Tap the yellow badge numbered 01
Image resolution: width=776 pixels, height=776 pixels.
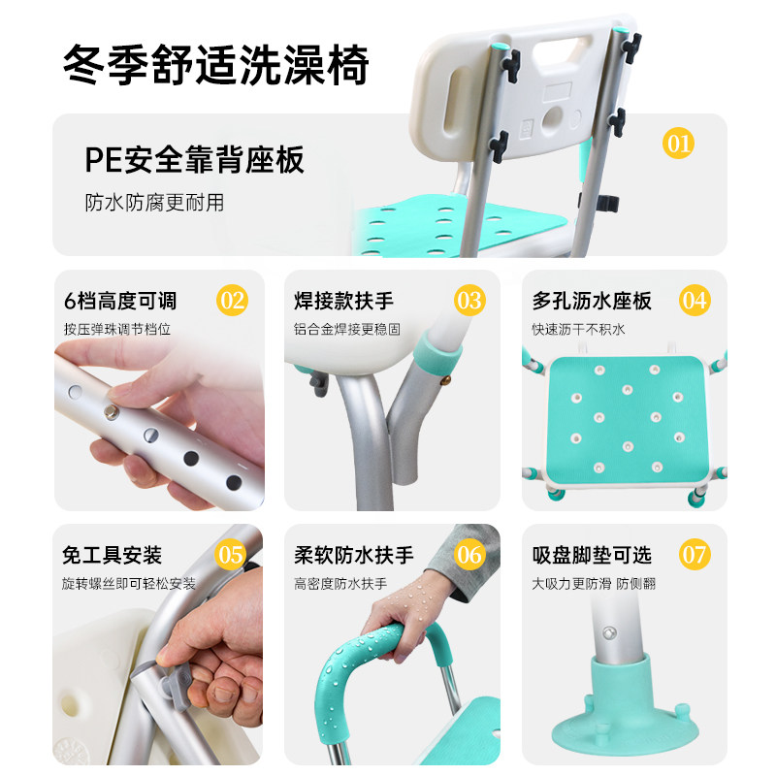tap(678, 144)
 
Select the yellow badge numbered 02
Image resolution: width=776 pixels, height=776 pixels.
tap(232, 300)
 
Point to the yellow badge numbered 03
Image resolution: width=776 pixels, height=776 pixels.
tap(469, 300)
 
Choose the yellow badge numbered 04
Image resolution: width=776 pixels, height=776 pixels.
tap(694, 300)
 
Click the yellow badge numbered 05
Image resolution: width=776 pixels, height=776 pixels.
tap(231, 556)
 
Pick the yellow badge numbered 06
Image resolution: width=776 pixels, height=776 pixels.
tap(469, 556)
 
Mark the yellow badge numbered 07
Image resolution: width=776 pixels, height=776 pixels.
tap(695, 556)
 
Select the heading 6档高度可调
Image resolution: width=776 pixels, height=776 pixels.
tap(120, 300)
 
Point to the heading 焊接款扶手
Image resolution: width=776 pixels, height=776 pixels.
tap(344, 300)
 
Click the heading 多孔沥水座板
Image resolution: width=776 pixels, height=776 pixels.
tap(593, 300)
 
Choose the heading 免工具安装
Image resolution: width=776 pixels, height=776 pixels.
tap(112, 556)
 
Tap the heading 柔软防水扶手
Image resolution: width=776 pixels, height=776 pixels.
tap(354, 556)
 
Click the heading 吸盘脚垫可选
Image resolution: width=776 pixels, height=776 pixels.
tap(592, 556)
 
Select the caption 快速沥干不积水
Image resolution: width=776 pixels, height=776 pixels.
tap(578, 329)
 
